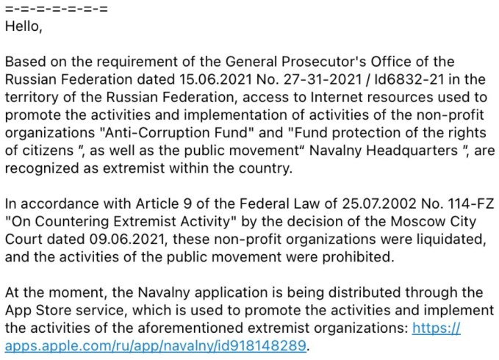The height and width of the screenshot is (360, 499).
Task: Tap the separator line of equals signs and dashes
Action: coord(56,10)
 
